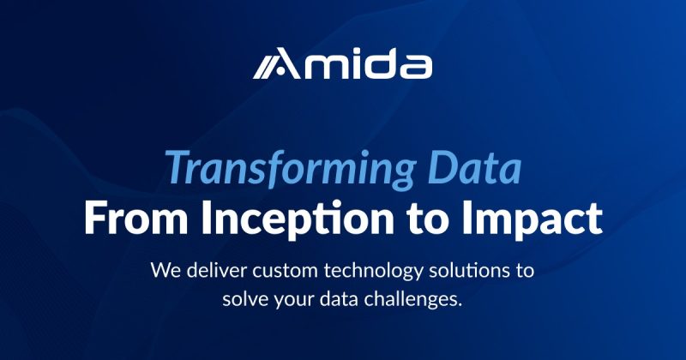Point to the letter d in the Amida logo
click(381, 63)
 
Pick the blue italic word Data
click(475, 167)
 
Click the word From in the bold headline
click(136, 219)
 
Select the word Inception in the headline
click(298, 220)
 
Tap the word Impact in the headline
click(532, 220)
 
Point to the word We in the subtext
click(165, 270)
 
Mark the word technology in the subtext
click(374, 272)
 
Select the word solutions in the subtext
click(468, 270)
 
